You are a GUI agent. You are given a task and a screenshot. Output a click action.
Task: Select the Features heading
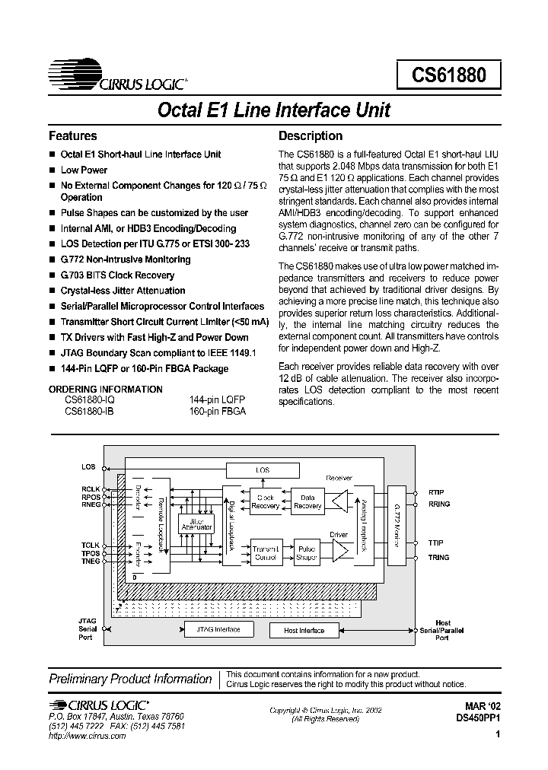(x=73, y=136)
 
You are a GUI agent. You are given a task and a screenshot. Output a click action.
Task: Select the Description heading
(x=311, y=136)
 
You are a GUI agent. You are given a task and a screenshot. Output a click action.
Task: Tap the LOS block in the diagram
(x=262, y=470)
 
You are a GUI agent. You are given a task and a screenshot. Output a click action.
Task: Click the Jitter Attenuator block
(x=196, y=525)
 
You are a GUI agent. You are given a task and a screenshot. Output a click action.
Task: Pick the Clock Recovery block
(x=266, y=501)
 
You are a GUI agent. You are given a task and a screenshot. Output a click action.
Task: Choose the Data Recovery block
(x=307, y=501)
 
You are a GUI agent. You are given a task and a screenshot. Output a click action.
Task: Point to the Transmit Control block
(x=266, y=552)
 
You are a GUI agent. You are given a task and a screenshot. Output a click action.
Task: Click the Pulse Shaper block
(x=307, y=552)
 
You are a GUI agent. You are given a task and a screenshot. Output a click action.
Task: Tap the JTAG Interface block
(x=218, y=629)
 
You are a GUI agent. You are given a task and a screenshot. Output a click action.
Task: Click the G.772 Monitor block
(x=397, y=525)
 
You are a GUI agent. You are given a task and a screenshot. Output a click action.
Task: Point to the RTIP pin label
(x=436, y=492)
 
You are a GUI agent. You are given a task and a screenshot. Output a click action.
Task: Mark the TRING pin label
(x=439, y=558)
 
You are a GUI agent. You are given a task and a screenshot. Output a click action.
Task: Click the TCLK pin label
(x=91, y=545)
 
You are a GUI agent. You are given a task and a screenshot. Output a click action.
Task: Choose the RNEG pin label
(x=91, y=504)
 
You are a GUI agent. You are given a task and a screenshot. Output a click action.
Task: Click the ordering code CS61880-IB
(x=90, y=410)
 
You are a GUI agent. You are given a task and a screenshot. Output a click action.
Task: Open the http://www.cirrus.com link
(x=87, y=737)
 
